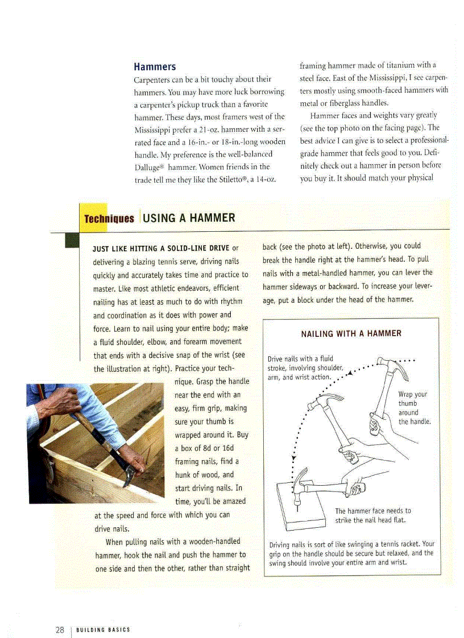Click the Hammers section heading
pos(155,67)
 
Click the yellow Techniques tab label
pos(109,219)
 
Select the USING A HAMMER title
pos(189,218)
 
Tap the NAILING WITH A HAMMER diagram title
pos(351,333)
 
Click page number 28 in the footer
pos(60,629)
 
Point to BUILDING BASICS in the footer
pos(103,629)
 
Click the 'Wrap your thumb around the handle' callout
pos(414,408)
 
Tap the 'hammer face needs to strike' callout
pos(372,515)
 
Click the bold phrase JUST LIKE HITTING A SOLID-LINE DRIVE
pos(161,248)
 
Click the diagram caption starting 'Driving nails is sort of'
pos(351,553)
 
